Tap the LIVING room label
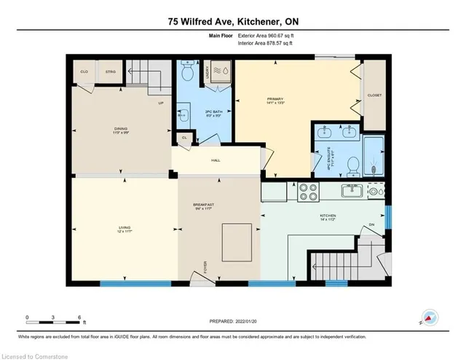pos(125,230)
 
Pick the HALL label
pos(216,160)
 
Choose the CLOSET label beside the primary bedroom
pos(375,95)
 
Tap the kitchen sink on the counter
pos(353,191)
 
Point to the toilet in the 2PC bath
pos(186,73)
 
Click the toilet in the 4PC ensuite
pos(351,165)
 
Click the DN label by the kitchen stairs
pos(371,224)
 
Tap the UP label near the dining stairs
pos(160,103)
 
